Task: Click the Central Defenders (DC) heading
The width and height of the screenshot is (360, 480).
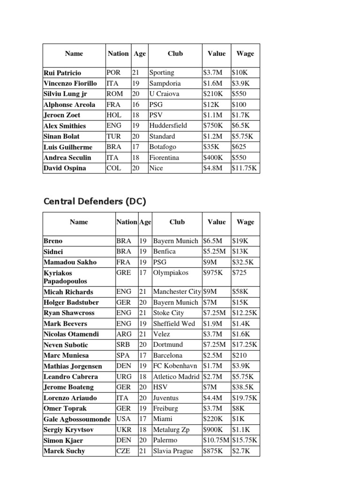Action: pos(95,202)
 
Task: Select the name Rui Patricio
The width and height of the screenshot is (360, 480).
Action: pos(62,73)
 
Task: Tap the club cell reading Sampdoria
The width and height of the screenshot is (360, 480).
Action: pos(165,83)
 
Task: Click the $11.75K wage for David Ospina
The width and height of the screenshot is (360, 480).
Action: pos(244,168)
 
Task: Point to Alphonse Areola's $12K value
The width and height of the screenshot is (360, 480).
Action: pos(212,105)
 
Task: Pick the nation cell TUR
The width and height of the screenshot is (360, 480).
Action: pos(115,136)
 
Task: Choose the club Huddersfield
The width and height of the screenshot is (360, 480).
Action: pos(168,126)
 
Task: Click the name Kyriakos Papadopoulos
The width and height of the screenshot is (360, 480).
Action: pos(66,277)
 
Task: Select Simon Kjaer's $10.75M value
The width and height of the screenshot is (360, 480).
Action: pos(216,440)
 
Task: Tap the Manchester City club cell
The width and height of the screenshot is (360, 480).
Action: pos(178,292)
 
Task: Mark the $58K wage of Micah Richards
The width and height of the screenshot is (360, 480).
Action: pos(240,292)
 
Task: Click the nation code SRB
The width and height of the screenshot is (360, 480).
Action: pos(124,345)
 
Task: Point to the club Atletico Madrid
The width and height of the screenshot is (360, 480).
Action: pos(177,376)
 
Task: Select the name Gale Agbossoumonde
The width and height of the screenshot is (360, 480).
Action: pos(77,419)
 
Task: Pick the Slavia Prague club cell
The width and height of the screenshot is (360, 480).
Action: pos(172,451)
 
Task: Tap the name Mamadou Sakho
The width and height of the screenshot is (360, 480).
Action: pos(68,262)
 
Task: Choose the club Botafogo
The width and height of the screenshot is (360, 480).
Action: pos(162,147)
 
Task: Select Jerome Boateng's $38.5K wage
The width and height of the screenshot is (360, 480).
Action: pos(243,387)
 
